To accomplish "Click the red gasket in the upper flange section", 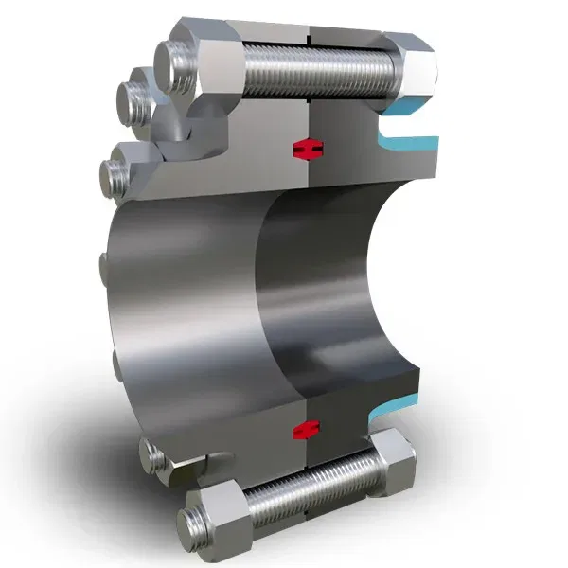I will tap(307, 149).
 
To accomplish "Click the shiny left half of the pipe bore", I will tap(189, 284).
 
